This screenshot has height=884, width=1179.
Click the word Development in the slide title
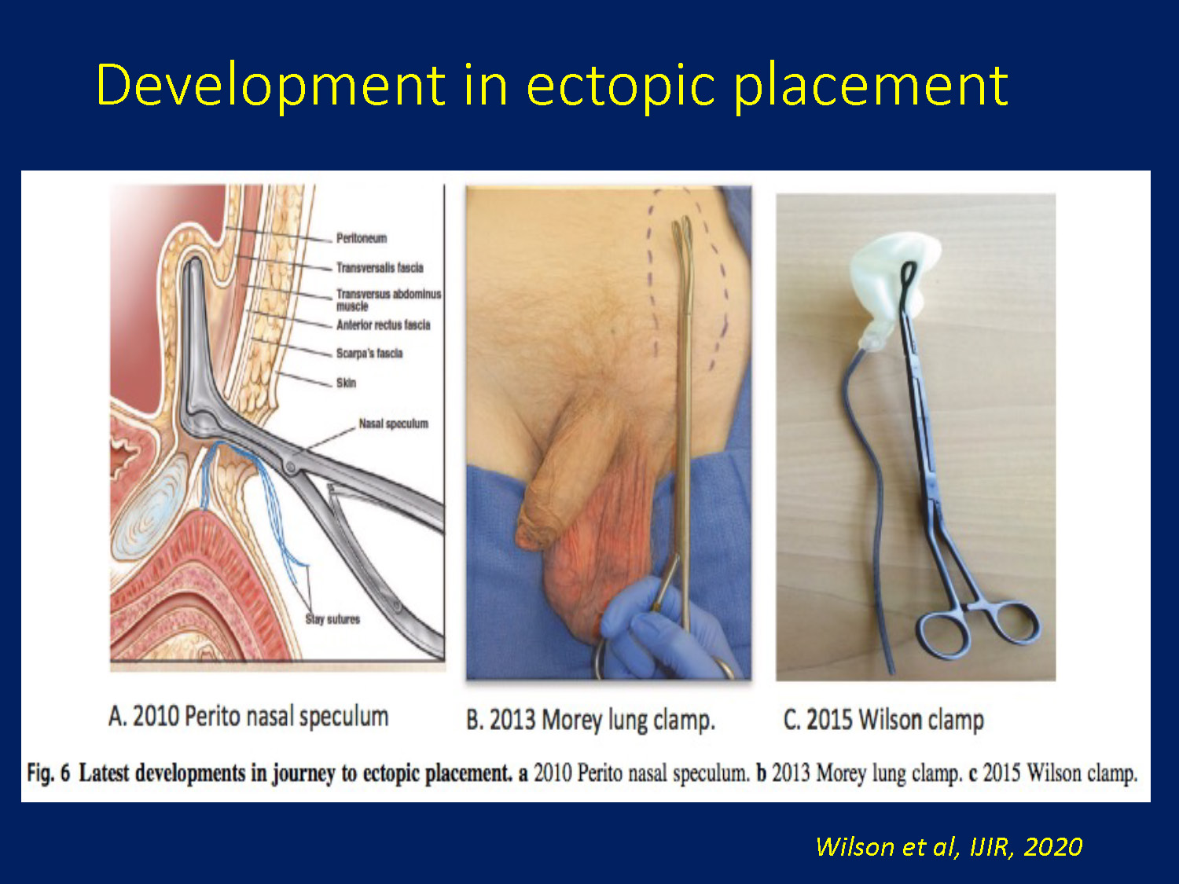tap(270, 86)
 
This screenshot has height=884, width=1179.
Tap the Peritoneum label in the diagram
tap(362, 238)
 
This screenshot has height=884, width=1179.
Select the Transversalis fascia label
tap(380, 267)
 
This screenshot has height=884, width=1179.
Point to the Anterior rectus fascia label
tap(384, 325)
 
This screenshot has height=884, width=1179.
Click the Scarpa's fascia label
tap(369, 353)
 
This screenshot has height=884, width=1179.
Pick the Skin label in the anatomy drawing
tap(346, 383)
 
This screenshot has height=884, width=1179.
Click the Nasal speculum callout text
tap(394, 424)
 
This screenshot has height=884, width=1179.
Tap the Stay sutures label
tap(332, 619)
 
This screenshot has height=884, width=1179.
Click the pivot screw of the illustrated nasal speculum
tap(291, 466)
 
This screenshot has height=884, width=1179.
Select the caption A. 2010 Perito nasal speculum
tap(248, 717)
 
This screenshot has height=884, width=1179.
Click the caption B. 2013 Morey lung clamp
tap(591, 720)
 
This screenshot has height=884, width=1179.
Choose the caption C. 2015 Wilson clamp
tap(883, 719)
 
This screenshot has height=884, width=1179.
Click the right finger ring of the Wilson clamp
tap(1014, 625)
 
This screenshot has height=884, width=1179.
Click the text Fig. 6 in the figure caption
tap(49, 773)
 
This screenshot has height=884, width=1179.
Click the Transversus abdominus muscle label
tap(389, 300)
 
